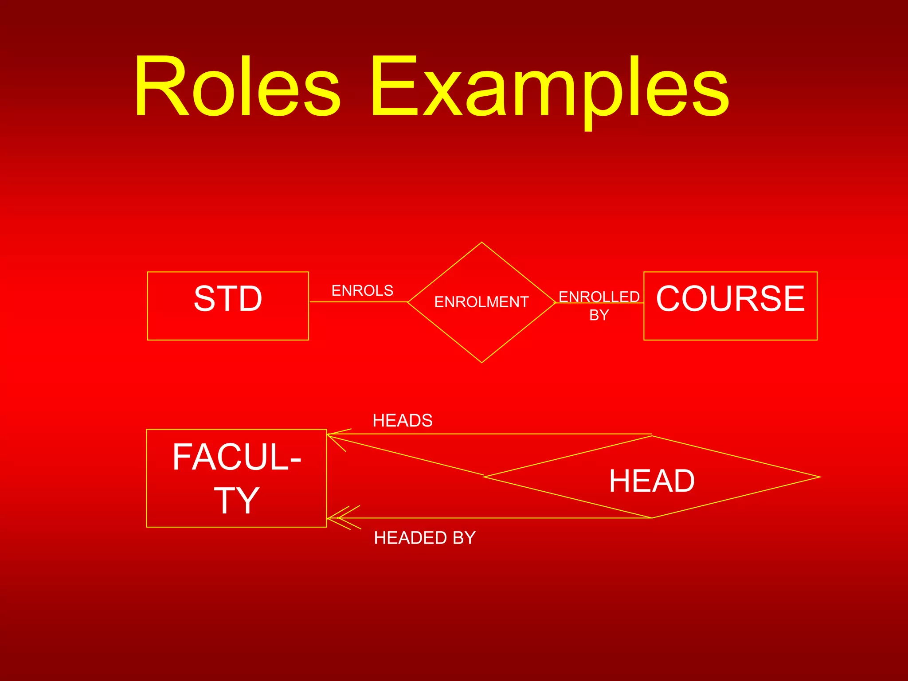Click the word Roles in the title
(237, 86)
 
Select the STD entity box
(228, 306)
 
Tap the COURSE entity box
(730, 306)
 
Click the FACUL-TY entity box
(236, 478)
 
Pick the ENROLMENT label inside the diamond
(481, 302)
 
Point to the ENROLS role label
(362, 291)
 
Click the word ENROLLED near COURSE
(599, 297)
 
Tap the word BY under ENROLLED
(599, 315)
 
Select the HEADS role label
(403, 420)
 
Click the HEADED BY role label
(425, 538)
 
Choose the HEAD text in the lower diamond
(652, 481)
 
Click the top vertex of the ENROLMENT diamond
(481, 243)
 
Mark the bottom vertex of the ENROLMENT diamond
(481, 362)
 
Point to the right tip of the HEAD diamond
(819, 477)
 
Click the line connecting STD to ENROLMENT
(358, 302)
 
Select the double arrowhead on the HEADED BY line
(344, 517)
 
